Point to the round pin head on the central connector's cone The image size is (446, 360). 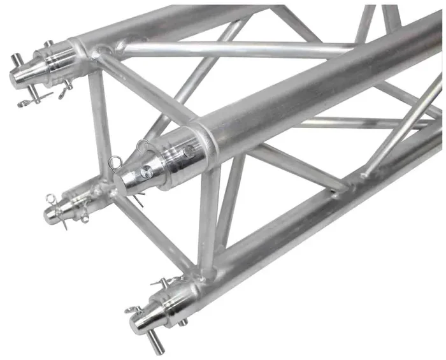(147, 171)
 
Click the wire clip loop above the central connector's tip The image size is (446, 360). (141, 147)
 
